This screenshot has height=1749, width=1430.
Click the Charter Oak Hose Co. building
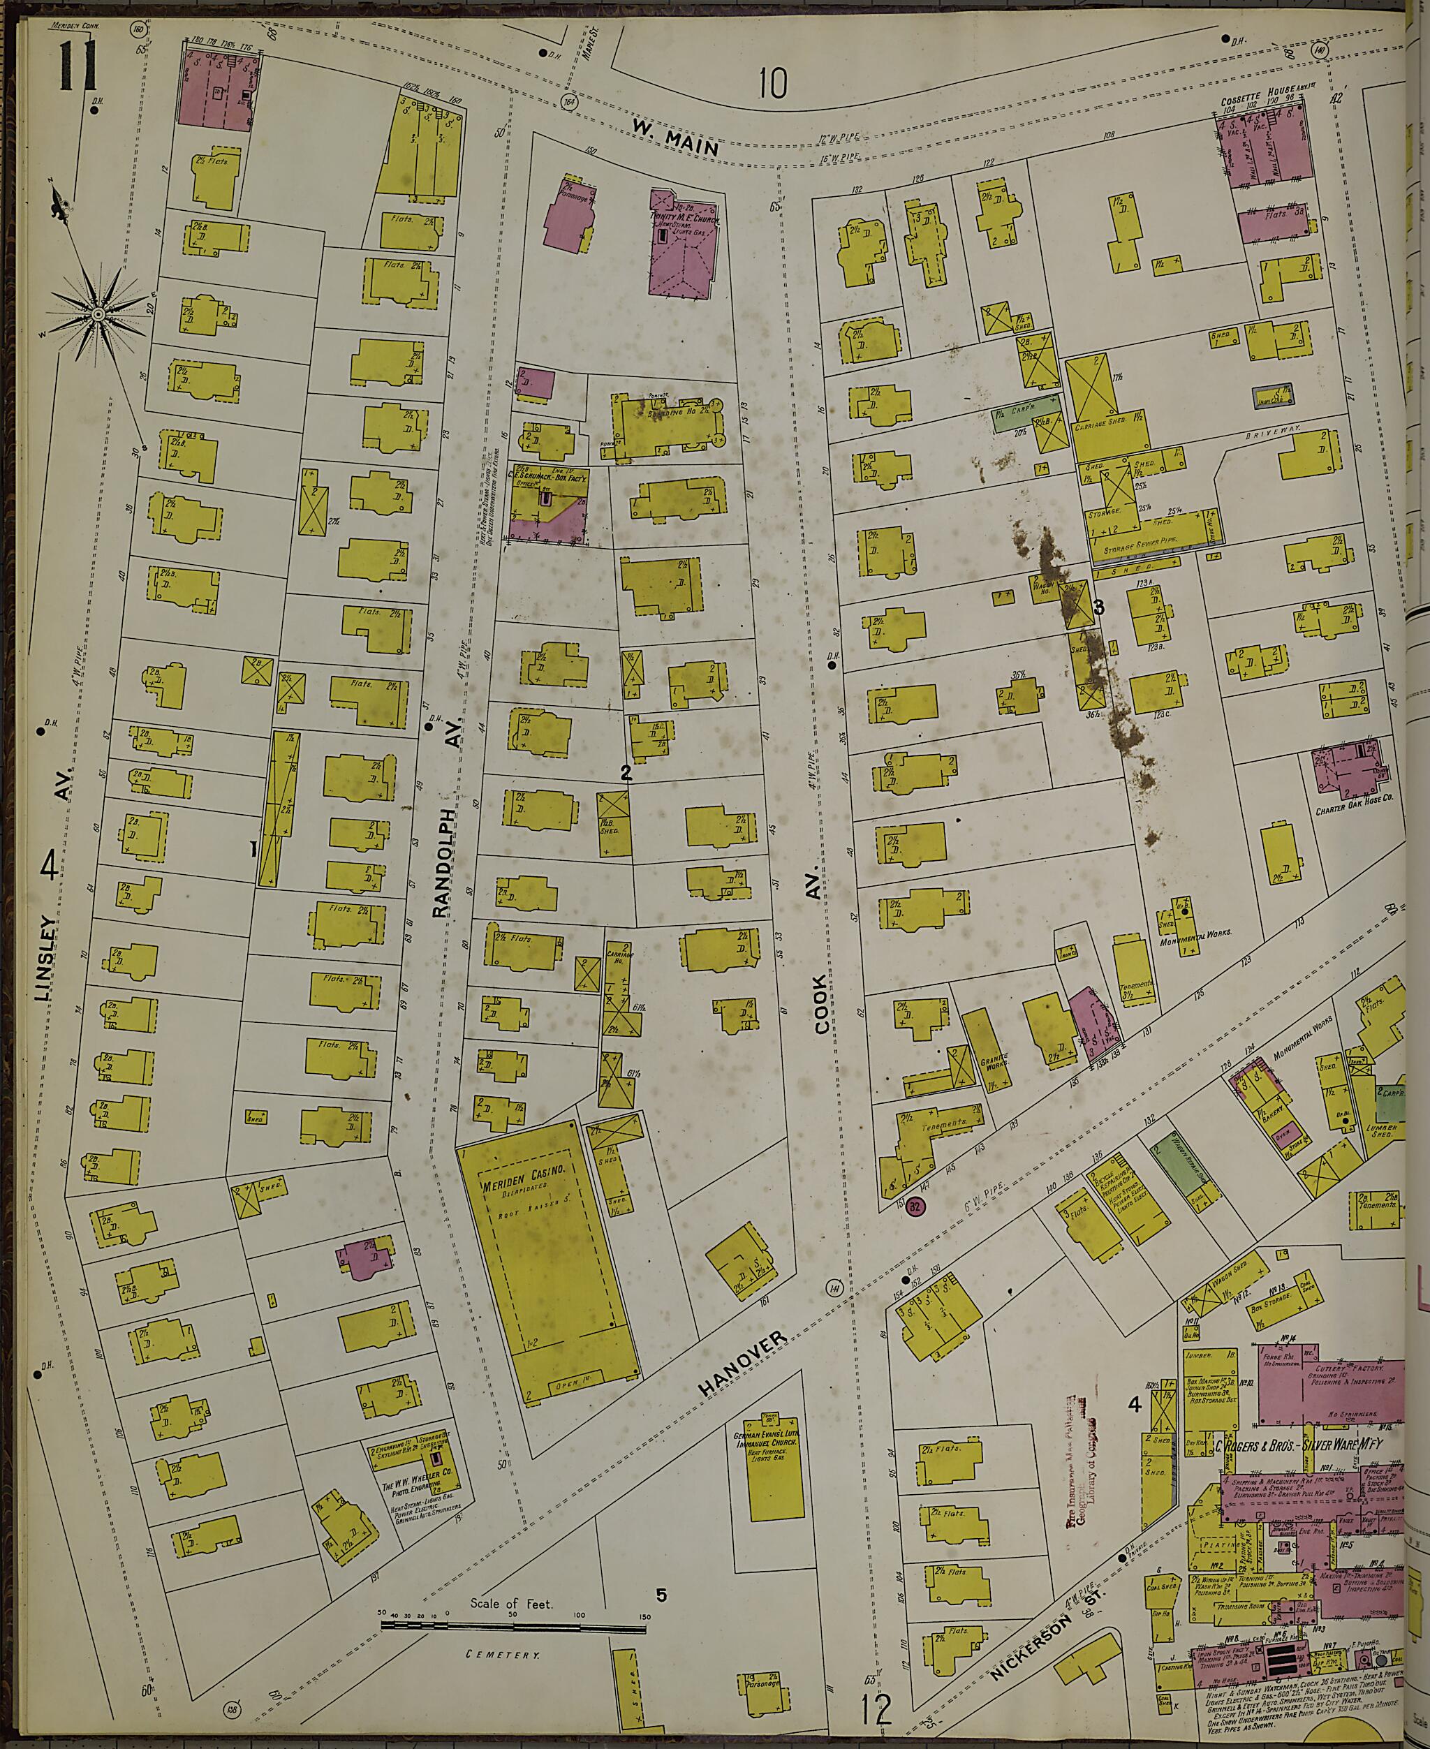[1348, 771]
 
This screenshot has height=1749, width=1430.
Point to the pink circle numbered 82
[916, 1207]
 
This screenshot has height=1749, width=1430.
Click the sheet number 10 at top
[773, 82]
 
